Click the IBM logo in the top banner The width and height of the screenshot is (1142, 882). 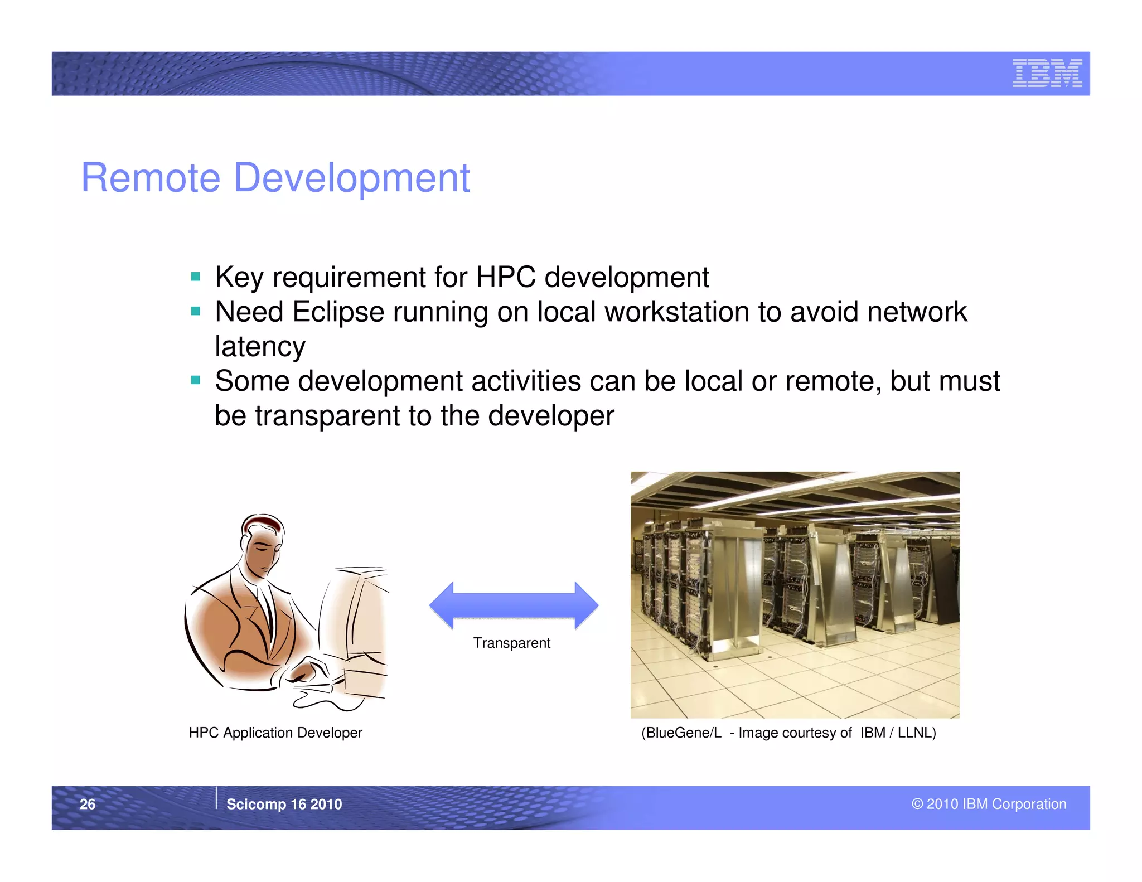click(1047, 73)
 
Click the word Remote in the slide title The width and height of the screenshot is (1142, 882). click(151, 178)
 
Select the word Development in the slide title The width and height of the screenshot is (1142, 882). click(351, 178)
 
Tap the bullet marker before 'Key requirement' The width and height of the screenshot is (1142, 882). click(195, 277)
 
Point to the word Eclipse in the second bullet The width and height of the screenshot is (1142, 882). click(338, 312)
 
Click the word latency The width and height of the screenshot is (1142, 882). click(260, 347)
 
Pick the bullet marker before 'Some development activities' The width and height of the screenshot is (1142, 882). click(195, 381)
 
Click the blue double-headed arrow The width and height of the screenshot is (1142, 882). click(514, 605)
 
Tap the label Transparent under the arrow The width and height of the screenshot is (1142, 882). click(511, 643)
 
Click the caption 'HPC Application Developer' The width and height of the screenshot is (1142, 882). click(275, 733)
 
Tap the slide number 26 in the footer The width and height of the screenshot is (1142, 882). click(88, 804)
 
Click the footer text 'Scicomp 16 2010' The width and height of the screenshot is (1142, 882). click(284, 804)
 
